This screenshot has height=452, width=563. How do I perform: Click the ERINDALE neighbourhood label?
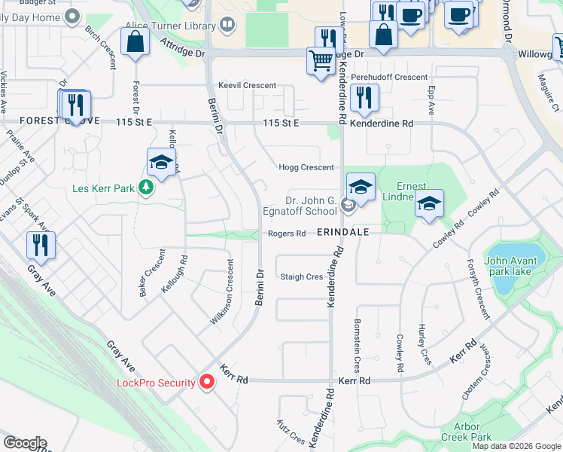tap(343, 232)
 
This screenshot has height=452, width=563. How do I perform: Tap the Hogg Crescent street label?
tap(306, 167)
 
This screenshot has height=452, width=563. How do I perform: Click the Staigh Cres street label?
tap(301, 276)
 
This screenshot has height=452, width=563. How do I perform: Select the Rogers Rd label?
tap(287, 234)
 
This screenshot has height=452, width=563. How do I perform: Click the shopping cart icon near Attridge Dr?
tap(321, 60)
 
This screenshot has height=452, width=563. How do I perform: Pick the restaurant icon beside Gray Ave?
tap(40, 246)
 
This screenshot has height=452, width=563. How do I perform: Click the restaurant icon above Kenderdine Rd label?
tap(364, 96)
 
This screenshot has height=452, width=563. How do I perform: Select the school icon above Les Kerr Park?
tap(161, 162)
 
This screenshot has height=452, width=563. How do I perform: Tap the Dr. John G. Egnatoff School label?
tap(311, 206)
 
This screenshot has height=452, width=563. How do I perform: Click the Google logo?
tap(24, 443)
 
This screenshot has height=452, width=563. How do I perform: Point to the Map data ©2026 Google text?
tap(516, 446)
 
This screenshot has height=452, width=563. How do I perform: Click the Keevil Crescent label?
tap(247, 86)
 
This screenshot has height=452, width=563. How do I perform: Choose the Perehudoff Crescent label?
tap(389, 78)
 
